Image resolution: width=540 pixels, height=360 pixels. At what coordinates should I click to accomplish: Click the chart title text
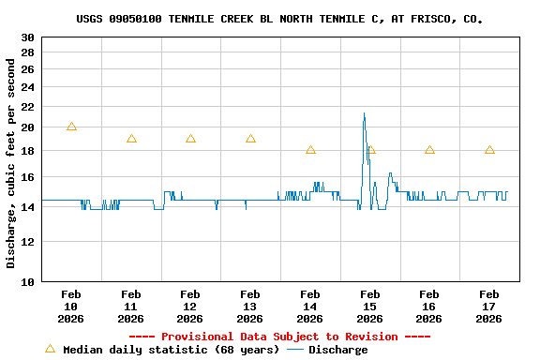coord(279,19)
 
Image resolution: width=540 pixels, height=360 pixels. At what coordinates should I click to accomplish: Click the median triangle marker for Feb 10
coord(71,127)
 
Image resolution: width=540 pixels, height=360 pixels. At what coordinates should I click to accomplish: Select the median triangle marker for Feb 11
coord(131,139)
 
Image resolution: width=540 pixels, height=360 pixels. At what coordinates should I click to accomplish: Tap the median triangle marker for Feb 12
coord(190,139)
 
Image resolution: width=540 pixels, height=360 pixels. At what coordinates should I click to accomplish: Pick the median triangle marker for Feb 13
coord(250,139)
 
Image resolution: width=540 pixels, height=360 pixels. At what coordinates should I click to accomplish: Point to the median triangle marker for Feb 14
coord(310,150)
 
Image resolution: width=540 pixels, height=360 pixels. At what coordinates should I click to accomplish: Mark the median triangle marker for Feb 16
coord(429,150)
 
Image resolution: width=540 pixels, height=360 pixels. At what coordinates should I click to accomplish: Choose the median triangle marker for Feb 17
coord(489,150)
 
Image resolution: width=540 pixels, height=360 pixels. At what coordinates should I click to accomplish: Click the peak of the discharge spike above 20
coord(364,113)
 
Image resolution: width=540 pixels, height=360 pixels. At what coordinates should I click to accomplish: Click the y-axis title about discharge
coord(12,163)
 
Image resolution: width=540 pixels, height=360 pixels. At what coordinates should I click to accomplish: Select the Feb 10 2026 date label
coord(71,306)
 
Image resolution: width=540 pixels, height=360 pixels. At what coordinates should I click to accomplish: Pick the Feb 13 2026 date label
coord(250,306)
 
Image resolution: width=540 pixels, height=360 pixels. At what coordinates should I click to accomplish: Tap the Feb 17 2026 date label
coord(489,306)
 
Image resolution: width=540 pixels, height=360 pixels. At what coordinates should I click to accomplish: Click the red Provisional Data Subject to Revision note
coord(279,337)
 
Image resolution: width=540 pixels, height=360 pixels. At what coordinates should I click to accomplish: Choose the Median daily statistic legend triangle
coord(51,349)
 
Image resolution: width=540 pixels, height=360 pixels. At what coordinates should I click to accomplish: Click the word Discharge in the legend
coord(338,350)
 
